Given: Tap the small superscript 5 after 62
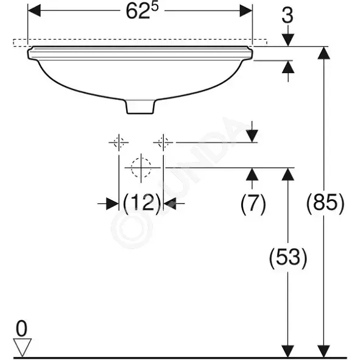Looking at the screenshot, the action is click(x=155, y=7).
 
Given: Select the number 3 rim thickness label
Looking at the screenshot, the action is click(x=288, y=16).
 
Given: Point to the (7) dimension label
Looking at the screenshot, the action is click(x=253, y=203).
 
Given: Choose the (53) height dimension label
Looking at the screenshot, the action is click(x=288, y=258).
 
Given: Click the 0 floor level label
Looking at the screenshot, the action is click(x=21, y=329).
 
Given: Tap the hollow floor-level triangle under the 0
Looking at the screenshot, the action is click(x=22, y=347).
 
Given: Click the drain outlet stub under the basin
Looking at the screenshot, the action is click(x=140, y=107).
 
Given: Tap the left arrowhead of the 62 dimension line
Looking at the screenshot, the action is click(x=34, y=10).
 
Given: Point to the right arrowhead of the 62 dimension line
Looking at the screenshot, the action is click(x=246, y=10).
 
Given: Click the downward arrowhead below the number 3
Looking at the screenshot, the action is click(x=288, y=40).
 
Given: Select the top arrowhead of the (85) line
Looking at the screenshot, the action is click(x=323, y=53).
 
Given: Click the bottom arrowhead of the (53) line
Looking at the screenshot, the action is click(x=288, y=351).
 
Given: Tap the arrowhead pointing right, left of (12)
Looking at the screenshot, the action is click(x=113, y=203).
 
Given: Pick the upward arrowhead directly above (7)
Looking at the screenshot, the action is click(x=252, y=174).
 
